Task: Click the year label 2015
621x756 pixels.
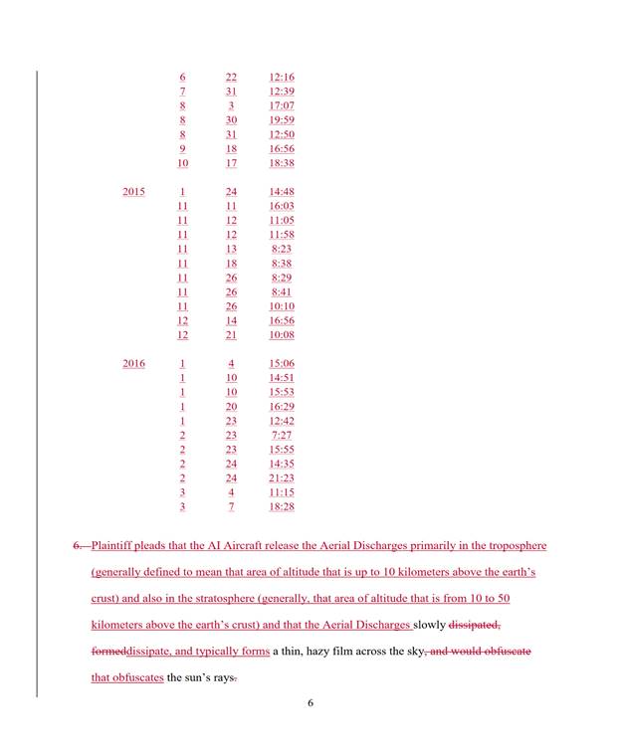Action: pos(133,191)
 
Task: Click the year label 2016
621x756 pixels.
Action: pos(133,363)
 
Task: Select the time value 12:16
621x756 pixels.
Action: pos(282,77)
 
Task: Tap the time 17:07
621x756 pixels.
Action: pos(282,105)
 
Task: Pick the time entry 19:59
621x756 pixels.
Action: pos(282,119)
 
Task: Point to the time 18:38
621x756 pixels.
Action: pos(282,163)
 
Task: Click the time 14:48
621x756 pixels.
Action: pos(282,191)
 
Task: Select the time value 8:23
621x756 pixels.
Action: pos(282,249)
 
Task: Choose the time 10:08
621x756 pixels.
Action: pos(282,335)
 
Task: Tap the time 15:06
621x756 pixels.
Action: pos(282,363)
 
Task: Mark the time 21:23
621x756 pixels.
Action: pos(282,477)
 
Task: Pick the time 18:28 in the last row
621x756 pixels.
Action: pos(282,506)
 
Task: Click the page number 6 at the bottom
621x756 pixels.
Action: pos(310,703)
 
